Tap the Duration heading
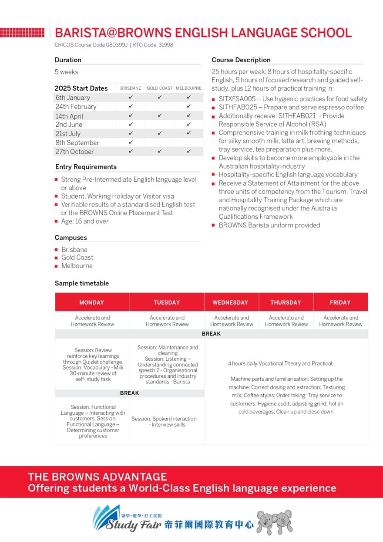point(68,60)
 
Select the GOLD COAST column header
point(160,88)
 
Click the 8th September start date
point(77,142)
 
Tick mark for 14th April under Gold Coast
point(160,116)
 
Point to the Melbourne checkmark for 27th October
point(189,152)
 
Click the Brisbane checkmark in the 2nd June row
point(131,125)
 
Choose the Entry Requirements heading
point(86,167)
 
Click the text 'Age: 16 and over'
point(85,221)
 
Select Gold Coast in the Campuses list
point(77,257)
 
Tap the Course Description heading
point(241,60)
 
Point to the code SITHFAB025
point(237,107)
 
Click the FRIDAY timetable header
point(340,302)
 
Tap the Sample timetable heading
point(82,283)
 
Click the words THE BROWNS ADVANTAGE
point(97,477)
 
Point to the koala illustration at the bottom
point(274,522)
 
